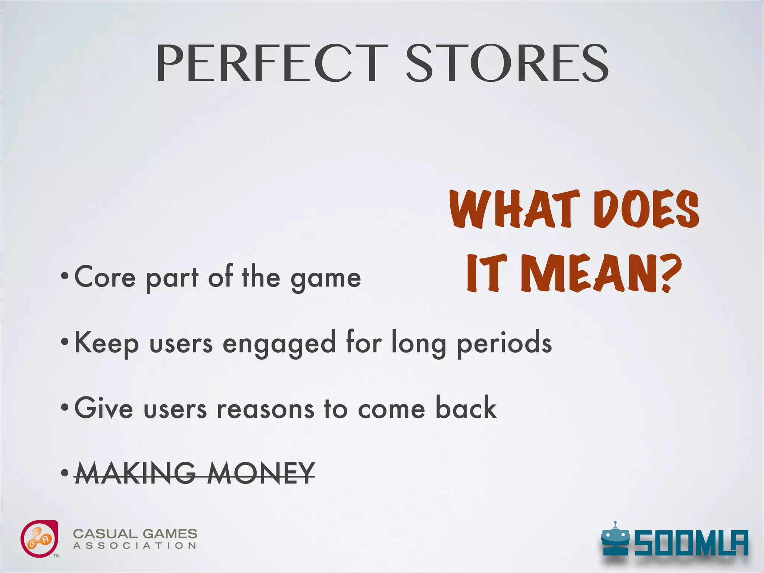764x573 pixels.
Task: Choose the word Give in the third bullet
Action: point(104,408)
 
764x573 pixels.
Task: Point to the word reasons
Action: point(266,409)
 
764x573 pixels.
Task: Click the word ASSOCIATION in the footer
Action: point(135,546)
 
